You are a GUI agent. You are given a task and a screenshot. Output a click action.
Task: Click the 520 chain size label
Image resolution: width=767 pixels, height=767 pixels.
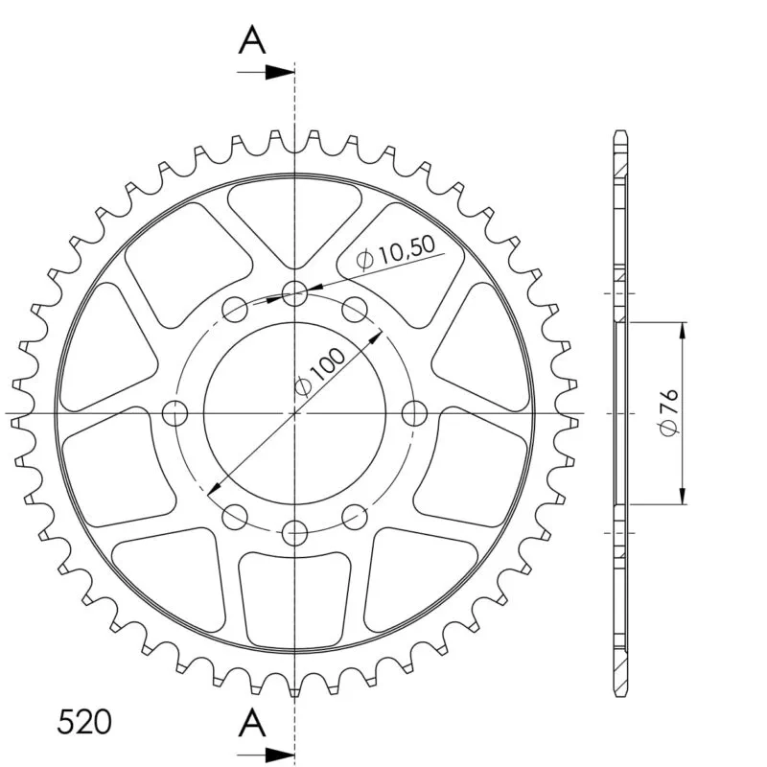pos(84,722)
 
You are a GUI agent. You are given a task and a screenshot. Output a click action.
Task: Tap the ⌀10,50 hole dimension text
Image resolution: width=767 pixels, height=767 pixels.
pos(396,252)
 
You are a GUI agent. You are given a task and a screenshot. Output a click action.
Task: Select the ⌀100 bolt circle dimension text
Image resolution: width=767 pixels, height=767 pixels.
pos(320,372)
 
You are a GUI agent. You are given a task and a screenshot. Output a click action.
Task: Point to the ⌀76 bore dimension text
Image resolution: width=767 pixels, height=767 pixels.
pos(668,412)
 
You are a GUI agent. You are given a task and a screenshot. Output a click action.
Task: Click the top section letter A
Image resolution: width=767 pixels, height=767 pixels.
pos(252,40)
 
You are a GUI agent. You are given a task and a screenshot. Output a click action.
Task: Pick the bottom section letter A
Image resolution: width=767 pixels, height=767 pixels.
pos(252,723)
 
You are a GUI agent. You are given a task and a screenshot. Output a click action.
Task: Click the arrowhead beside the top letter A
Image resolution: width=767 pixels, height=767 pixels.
pos(280,73)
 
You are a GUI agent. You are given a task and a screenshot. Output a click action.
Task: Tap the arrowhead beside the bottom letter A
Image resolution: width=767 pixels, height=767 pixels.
pos(280,754)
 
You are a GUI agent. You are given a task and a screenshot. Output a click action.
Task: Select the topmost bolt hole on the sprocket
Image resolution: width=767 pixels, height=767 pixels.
pos(294,293)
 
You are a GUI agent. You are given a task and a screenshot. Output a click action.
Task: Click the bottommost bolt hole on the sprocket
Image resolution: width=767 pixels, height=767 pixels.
pos(294,532)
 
